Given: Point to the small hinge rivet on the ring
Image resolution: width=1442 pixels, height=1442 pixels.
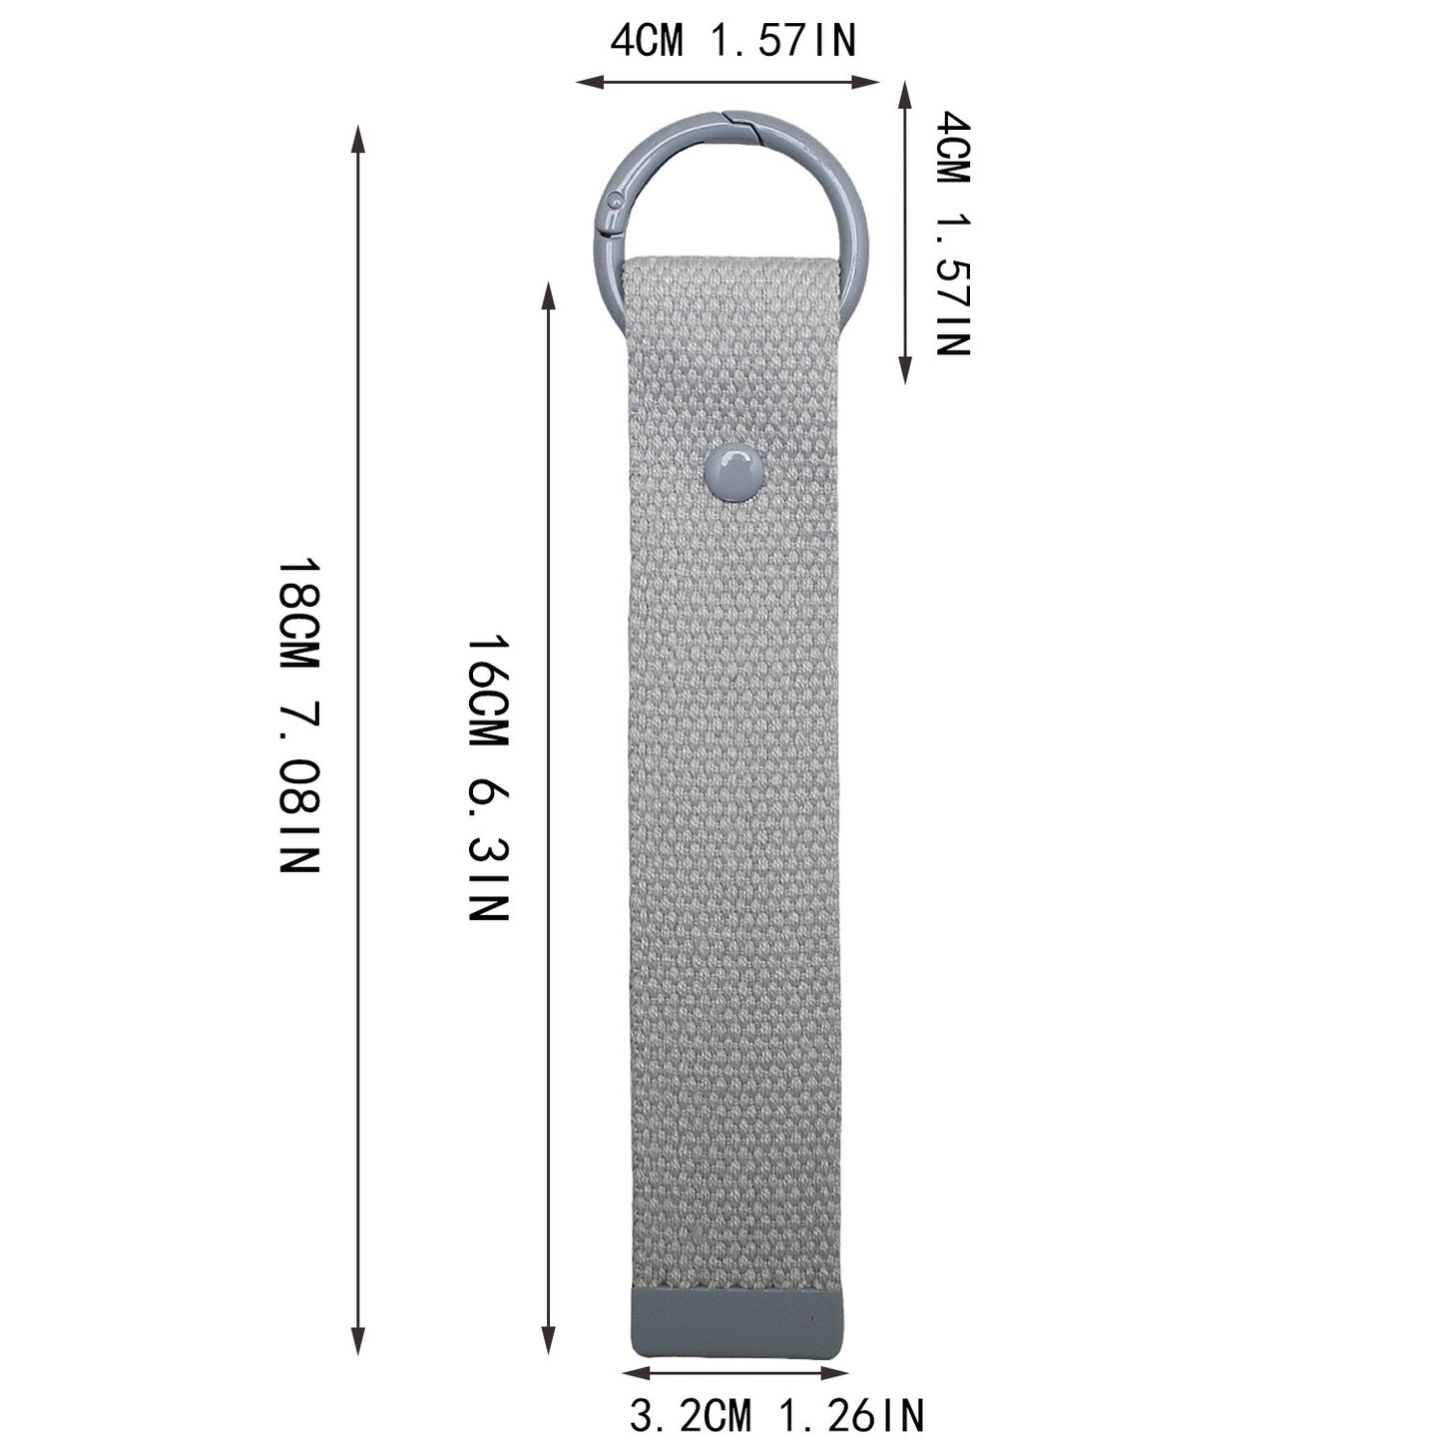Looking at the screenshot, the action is [x=614, y=200].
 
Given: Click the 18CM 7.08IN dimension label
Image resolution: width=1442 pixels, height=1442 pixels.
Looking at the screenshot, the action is [x=299, y=716].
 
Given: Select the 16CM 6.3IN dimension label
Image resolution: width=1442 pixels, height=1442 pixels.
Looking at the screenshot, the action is [x=488, y=778].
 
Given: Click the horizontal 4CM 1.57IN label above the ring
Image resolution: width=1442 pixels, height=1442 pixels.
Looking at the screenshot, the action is [x=732, y=40].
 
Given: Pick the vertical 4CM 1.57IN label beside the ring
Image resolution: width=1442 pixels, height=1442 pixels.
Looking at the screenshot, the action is [x=953, y=234].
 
